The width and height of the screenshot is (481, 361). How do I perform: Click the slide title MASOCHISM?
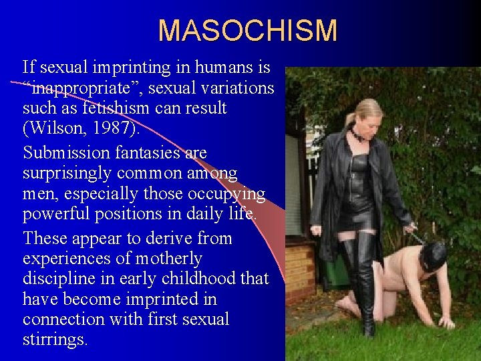coord(248,31)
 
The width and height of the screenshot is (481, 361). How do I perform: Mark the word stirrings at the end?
coord(55,339)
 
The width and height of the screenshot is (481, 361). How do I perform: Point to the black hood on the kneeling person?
coord(433,255)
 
